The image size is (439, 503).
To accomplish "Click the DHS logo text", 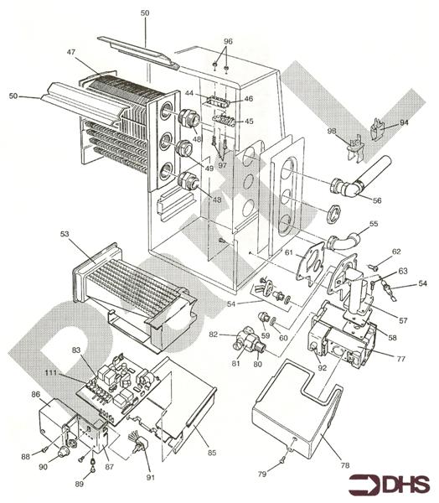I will coord(405,485).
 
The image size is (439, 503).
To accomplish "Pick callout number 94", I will coord(404,122).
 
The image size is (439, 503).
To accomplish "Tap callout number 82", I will coord(213,334).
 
